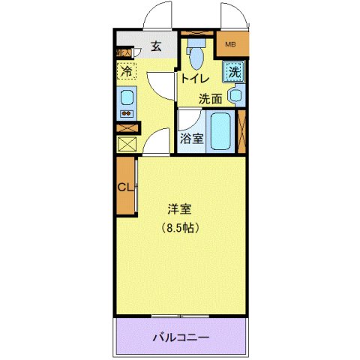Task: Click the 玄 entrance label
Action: pos(156,46)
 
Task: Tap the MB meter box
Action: pos(230,44)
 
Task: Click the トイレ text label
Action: pos(194,76)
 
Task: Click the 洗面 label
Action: pos(210,98)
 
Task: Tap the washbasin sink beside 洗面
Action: pos(235,95)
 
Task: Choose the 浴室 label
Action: pos(191,138)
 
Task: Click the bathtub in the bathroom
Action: pos(221,132)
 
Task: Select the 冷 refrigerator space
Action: pos(127,72)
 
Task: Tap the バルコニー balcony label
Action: pos(181,337)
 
